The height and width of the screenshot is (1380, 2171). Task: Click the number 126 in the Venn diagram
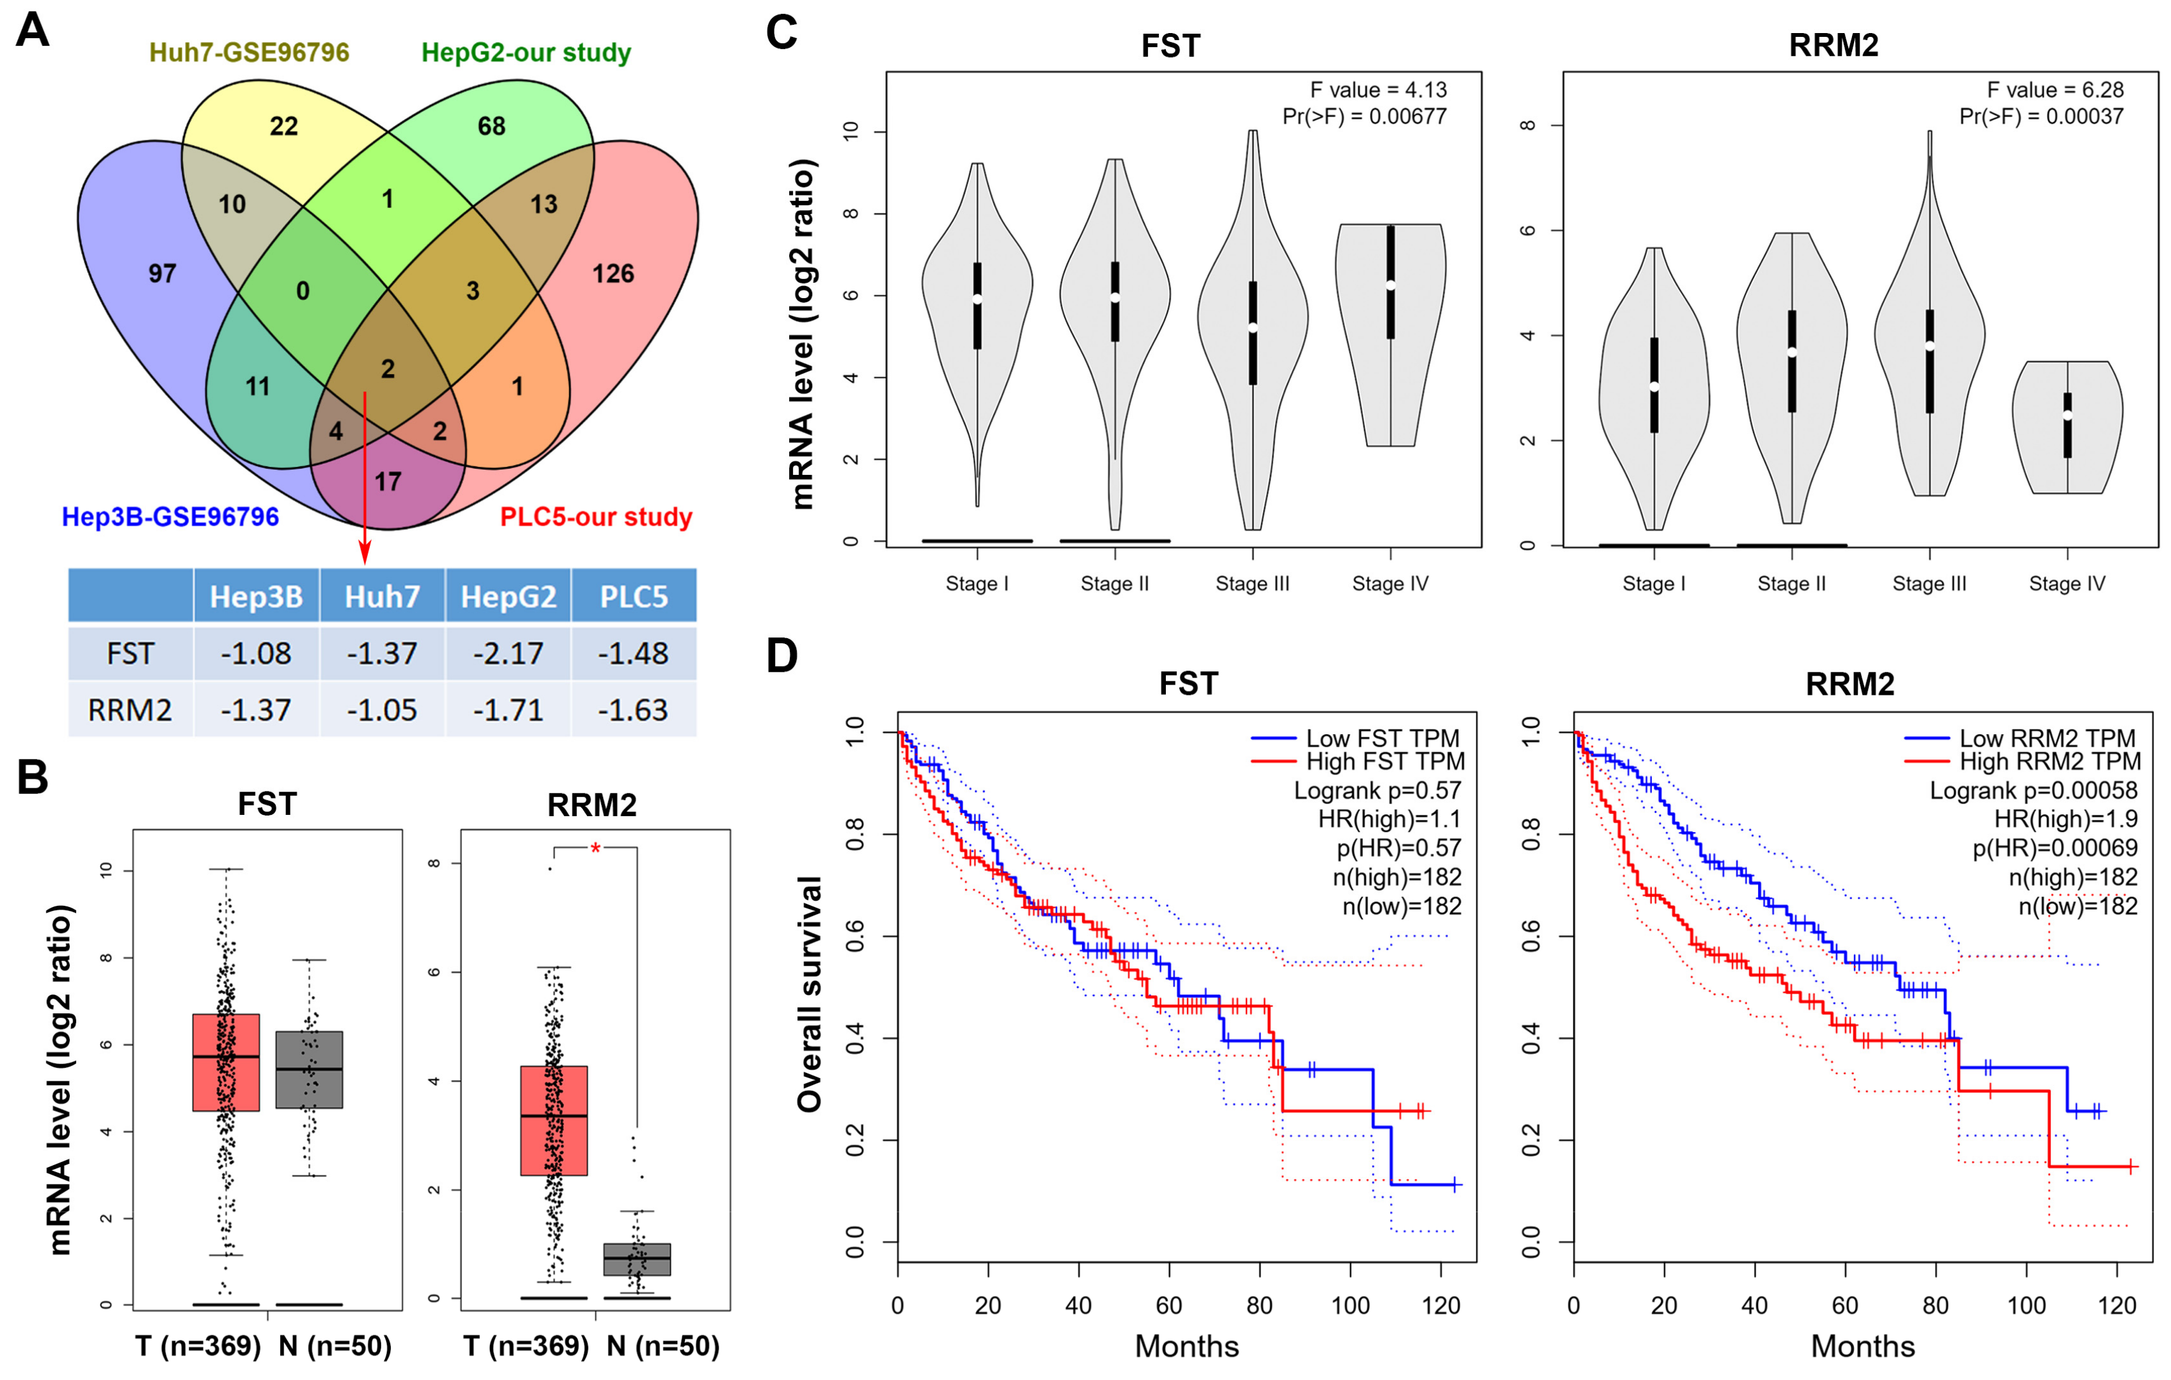pyautogui.click(x=613, y=273)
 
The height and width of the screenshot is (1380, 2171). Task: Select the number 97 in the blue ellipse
pyautogui.click(x=162, y=273)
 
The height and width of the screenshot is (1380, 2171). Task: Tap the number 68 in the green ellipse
pyautogui.click(x=491, y=126)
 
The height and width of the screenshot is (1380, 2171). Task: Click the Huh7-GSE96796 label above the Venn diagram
pyautogui.click(x=249, y=52)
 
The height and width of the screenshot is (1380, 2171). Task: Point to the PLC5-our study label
pyautogui.click(x=596, y=517)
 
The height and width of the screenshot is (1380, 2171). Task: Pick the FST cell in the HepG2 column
pyautogui.click(x=508, y=653)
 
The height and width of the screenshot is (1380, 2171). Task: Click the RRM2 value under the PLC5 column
pyautogui.click(x=633, y=710)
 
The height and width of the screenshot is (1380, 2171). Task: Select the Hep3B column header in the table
pyautogui.click(x=256, y=596)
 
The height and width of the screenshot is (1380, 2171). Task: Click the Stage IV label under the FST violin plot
pyautogui.click(x=1390, y=584)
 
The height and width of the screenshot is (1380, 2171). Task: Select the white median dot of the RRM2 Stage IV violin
pyautogui.click(x=2067, y=415)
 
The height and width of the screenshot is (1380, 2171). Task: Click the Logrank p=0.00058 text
pyautogui.click(x=2033, y=791)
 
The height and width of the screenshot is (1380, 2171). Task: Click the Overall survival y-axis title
pyautogui.click(x=809, y=993)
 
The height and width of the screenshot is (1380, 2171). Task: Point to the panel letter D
pyautogui.click(x=781, y=656)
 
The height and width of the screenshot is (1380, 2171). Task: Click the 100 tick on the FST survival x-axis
pyautogui.click(x=1349, y=1305)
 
